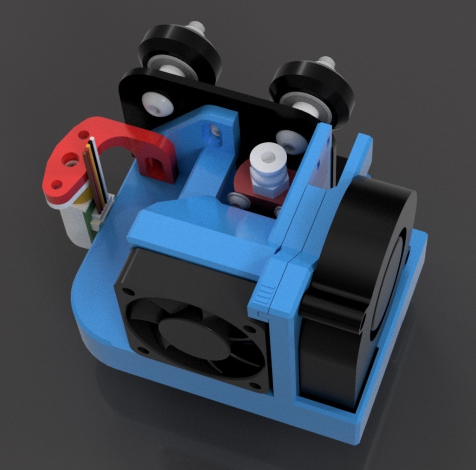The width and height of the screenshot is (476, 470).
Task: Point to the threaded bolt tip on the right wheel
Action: [326, 62]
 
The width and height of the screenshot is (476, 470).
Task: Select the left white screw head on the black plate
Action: [157, 104]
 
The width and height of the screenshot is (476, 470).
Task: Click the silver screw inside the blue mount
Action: [215, 132]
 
